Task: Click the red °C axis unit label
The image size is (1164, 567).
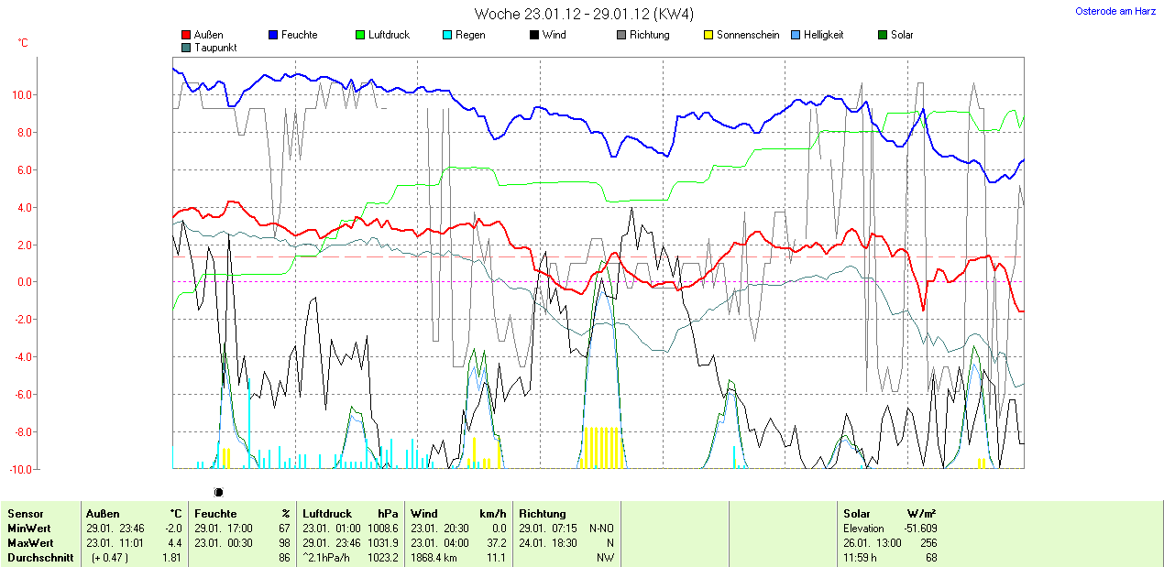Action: click(23, 43)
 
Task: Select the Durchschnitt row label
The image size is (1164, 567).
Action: click(40, 558)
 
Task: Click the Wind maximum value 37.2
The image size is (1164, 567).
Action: click(495, 543)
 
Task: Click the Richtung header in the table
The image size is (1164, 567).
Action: click(543, 514)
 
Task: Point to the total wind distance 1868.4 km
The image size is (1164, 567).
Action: click(434, 558)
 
